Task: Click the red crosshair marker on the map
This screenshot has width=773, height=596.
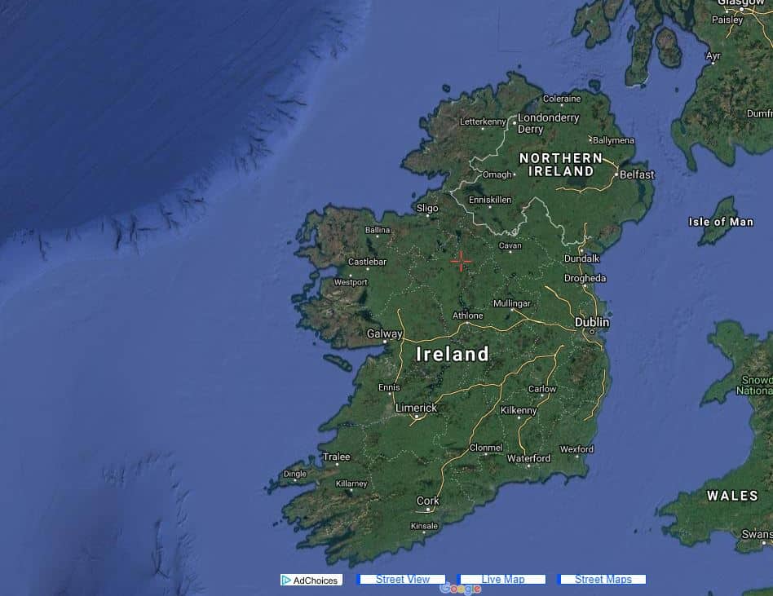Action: [x=461, y=261]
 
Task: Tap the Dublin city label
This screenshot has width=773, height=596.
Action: [x=592, y=322]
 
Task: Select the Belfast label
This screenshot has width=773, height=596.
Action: [x=637, y=174]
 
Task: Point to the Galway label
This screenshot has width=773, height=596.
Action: [x=384, y=333]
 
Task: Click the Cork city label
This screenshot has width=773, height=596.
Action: [x=428, y=501]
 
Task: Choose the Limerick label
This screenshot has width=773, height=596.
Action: [x=416, y=408]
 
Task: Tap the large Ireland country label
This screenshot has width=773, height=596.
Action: [x=453, y=354]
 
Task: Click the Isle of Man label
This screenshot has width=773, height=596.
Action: [x=721, y=222]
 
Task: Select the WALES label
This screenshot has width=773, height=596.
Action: [x=732, y=496]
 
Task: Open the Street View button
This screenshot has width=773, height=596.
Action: [x=402, y=580]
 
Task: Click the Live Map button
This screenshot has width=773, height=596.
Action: [x=502, y=580]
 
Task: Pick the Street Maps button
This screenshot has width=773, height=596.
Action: [x=603, y=580]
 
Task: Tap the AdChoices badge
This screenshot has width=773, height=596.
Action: [x=311, y=581]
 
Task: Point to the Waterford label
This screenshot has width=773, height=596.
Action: [x=528, y=458]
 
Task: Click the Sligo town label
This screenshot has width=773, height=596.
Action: [x=427, y=208]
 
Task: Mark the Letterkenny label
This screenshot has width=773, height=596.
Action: [x=484, y=121]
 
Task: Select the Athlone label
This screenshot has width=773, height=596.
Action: [x=468, y=316]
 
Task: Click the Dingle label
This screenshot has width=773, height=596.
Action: [x=294, y=474]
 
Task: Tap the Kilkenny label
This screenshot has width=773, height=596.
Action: [x=519, y=410]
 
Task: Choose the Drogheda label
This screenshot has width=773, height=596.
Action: [x=585, y=278]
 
